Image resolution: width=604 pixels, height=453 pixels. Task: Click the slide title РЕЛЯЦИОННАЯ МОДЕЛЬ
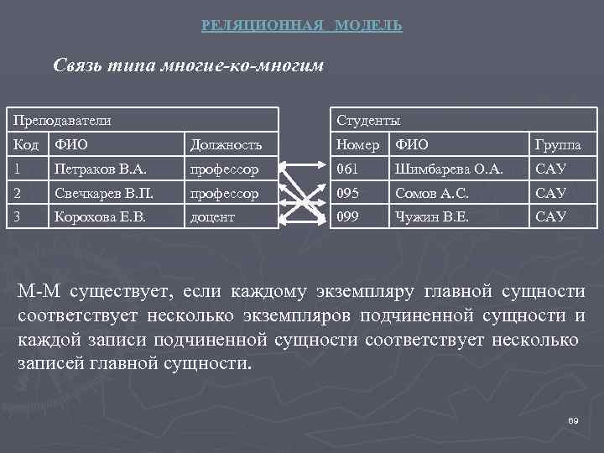pos(302,26)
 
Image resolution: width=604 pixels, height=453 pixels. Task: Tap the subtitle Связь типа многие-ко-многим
pos(188,65)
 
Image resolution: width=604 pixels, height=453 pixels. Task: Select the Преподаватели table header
pos(60,121)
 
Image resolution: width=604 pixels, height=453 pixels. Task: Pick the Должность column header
pos(226,145)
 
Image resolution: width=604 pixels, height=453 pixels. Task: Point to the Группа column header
pos(558,145)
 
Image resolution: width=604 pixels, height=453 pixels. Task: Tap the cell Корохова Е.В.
pos(102,216)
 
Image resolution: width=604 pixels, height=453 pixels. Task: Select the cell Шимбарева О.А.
pos(449,169)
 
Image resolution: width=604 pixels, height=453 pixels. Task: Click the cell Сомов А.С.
pos(434,193)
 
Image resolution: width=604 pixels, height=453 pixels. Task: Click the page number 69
pos(573,419)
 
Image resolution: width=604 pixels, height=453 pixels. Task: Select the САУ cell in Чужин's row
pos(551,216)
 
